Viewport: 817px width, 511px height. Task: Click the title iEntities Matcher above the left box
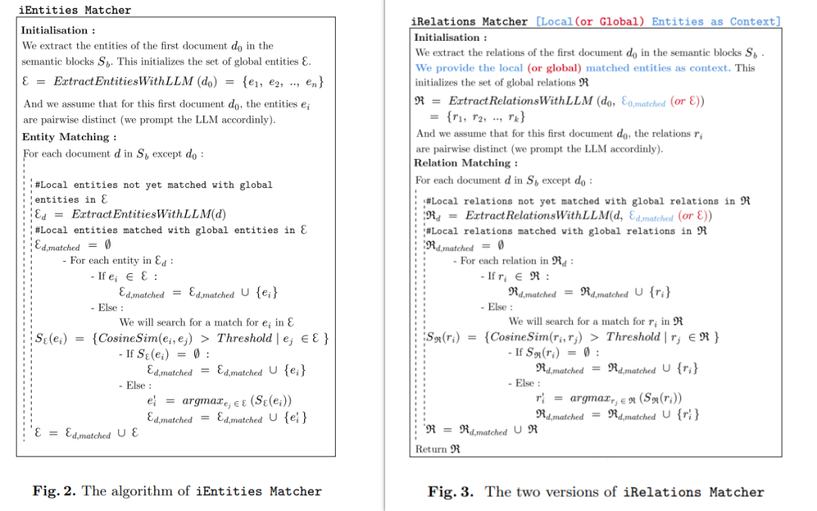(x=74, y=10)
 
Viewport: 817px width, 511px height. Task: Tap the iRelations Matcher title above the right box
(x=469, y=21)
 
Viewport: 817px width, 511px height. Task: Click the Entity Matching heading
(x=69, y=136)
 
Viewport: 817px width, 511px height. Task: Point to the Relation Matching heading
(x=465, y=163)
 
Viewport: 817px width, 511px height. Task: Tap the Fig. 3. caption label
(x=451, y=492)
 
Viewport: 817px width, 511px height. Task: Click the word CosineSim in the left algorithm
(x=126, y=338)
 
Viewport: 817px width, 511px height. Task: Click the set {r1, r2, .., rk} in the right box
(x=487, y=117)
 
